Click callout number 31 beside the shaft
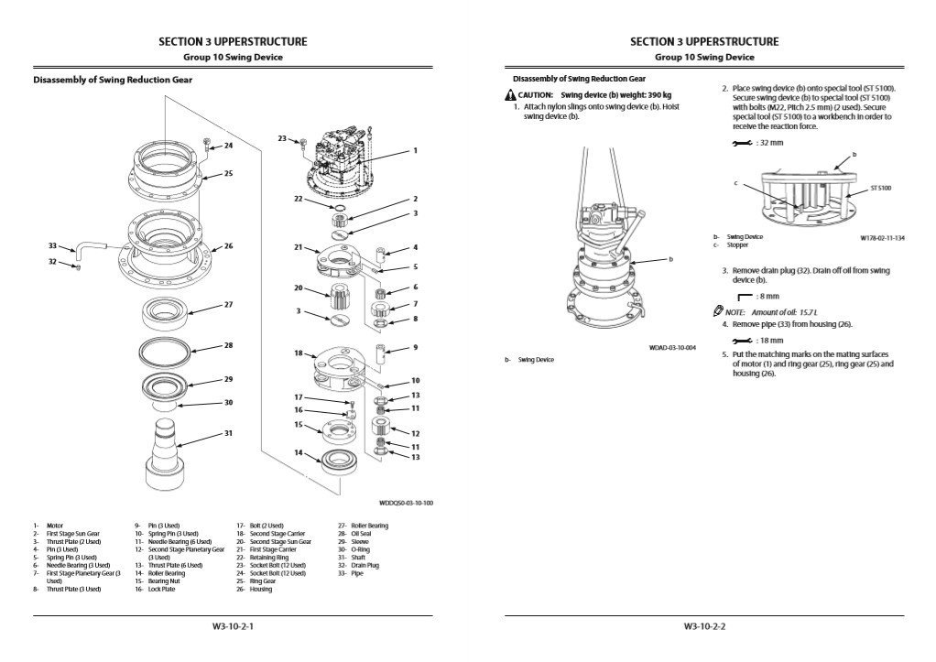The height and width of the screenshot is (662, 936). (229, 433)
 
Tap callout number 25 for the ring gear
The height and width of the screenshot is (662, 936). (229, 173)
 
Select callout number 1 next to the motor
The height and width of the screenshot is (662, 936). (415, 150)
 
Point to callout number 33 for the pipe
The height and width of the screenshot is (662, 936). (52, 245)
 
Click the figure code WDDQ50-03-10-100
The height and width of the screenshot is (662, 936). (406, 502)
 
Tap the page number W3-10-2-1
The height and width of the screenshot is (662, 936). (233, 627)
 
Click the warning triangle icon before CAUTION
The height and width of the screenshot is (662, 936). (508, 95)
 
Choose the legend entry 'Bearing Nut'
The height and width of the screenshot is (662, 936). (163, 581)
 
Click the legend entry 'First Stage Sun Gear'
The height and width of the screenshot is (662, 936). (73, 533)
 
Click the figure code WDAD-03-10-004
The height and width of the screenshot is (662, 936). (671, 348)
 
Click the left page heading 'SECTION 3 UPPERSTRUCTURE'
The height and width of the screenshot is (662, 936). (233, 41)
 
